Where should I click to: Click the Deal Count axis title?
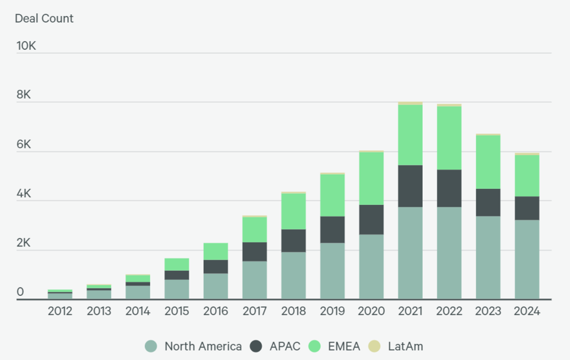coord(44,18)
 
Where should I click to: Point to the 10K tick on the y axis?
coord(26,46)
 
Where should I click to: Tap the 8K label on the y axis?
coord(25,95)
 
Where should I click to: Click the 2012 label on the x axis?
coord(60,311)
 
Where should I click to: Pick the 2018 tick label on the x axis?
coord(293,311)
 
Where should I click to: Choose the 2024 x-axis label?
coord(527,311)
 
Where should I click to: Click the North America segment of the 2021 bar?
coord(410,253)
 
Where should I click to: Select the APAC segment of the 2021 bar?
coord(410,186)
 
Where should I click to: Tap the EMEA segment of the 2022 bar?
coord(449,138)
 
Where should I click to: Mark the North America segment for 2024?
coord(527,260)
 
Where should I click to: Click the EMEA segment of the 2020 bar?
coord(371,179)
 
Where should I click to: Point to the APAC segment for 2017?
coord(254,252)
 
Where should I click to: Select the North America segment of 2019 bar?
coord(332,271)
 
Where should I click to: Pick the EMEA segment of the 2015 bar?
coord(176,264)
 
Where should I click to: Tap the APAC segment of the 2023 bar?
coord(488,203)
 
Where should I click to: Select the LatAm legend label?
coord(406,346)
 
